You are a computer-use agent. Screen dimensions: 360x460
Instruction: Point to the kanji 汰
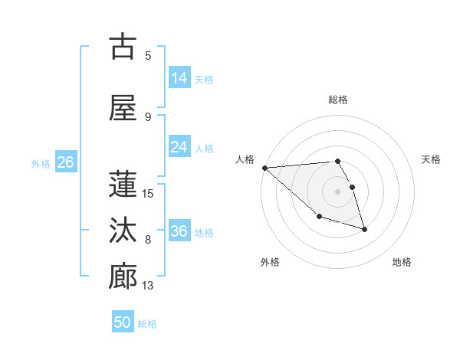pos(123,231)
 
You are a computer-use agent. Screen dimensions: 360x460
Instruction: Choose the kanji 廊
pos(123,277)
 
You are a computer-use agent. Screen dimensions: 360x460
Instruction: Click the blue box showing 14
pos(179,78)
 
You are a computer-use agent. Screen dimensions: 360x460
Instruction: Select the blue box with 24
pos(179,147)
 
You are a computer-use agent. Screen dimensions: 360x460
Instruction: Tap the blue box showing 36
pos(179,231)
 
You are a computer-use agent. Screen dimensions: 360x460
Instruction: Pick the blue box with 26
pos(65,162)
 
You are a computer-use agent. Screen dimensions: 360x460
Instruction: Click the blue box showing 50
pos(123,322)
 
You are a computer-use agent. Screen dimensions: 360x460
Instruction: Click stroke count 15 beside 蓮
pos(148,193)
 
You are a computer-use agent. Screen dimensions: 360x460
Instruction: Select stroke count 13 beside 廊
pos(148,286)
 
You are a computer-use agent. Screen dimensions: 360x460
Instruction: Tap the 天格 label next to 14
pos(204,79)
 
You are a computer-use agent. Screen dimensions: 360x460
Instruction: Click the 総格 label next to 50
pos(147,324)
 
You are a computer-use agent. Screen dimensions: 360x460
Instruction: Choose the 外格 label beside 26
pos(41,163)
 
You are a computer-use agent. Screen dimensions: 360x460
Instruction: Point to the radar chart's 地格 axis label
pos(402,262)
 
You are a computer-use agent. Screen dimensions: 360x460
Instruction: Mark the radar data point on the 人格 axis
pos(264,168)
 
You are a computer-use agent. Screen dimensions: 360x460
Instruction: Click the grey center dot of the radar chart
pos(337,191)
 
